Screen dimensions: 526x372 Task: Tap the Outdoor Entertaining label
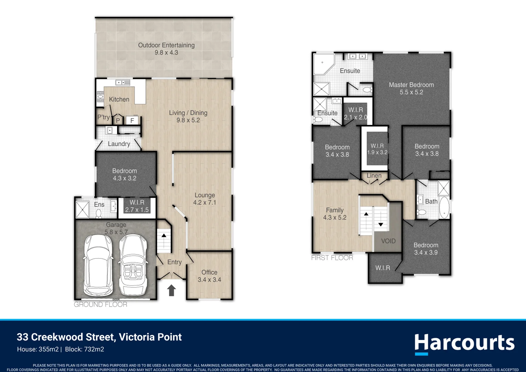[x=166, y=49]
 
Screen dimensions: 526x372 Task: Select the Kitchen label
[x=119, y=100]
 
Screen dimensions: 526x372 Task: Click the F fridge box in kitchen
[x=132, y=120]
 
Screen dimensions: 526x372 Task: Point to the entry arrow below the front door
[x=171, y=290]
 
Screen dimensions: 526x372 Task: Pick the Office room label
[x=209, y=276]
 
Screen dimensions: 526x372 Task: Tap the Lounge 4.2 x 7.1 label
[x=204, y=199]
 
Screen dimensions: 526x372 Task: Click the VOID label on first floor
[x=388, y=241]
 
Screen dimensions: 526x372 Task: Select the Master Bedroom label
[x=411, y=89]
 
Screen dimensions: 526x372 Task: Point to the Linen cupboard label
[x=374, y=176]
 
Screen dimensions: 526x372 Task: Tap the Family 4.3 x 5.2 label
[x=335, y=214]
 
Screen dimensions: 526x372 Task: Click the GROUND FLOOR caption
[x=101, y=304]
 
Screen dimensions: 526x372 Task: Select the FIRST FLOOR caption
[x=332, y=258]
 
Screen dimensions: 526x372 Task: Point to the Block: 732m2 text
[x=85, y=350]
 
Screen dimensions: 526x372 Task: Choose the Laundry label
[x=119, y=144]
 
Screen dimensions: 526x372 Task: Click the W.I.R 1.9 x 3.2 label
[x=377, y=149]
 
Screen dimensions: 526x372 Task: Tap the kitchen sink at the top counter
[x=123, y=82]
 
